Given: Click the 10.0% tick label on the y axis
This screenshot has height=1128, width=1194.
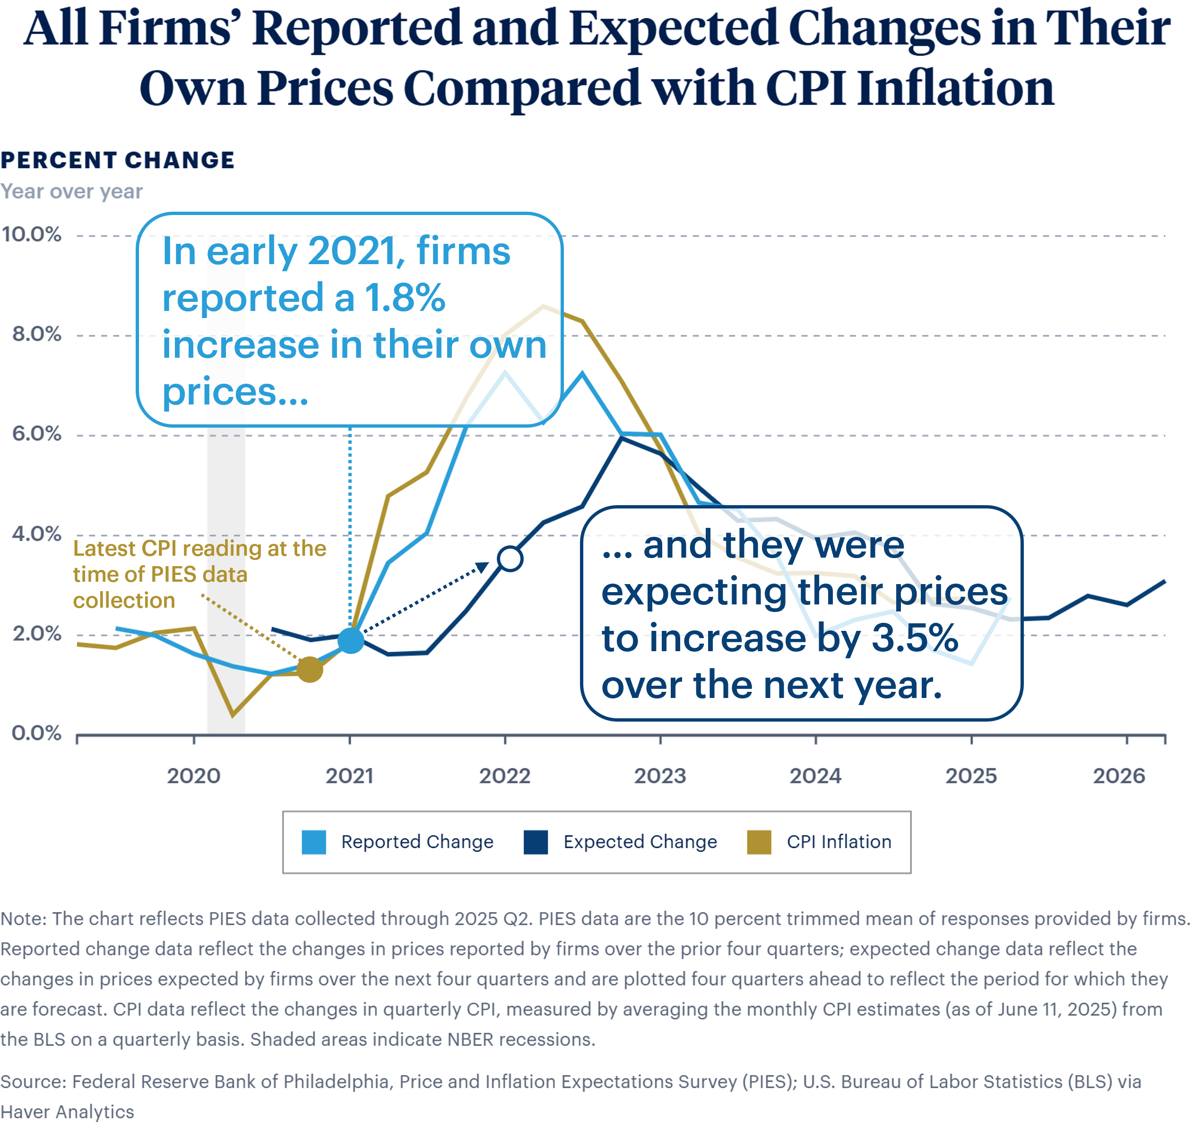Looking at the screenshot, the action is pos(31,234).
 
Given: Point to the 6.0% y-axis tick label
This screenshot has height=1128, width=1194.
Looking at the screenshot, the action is pos(37,434).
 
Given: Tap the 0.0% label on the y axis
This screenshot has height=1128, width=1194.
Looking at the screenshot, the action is pos(37,733).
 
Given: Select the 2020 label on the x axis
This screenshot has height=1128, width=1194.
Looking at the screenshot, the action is pos(194,776).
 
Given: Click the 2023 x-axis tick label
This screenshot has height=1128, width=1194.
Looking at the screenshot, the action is pos(660,776).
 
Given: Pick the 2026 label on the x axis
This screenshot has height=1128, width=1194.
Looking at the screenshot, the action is pos(1119,776).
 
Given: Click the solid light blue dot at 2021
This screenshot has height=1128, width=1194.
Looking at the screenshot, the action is pos(351,640).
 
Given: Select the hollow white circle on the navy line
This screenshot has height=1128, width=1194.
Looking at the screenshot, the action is pos(510,559).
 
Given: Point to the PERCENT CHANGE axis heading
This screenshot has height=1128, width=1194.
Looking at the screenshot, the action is pos(117,161).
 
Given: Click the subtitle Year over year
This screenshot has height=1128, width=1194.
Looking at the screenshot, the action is pos(71,192).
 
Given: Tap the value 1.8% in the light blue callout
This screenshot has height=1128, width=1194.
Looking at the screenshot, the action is pos(405,298).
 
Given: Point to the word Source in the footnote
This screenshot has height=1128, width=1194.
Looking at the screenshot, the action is pos(33,1082).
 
